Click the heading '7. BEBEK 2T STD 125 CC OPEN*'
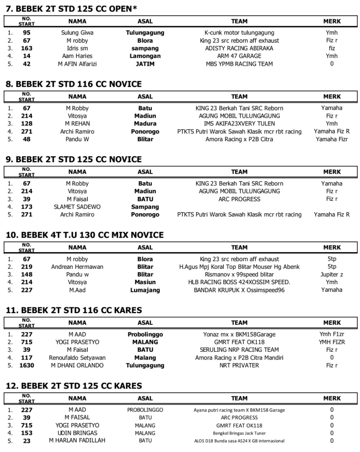coord(71,9)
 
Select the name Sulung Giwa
coord(77,33)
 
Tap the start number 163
coord(26,48)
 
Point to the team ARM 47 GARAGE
coord(239,56)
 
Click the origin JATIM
coord(145,64)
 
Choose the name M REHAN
coord(77,124)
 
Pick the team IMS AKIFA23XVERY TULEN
coord(239,124)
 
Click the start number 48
coord(26,139)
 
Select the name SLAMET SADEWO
coord(77,207)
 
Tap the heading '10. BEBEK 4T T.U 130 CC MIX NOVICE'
coord(85,235)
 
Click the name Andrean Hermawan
coord(77,267)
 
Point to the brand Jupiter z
coord(331,275)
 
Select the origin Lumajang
coord(145,290)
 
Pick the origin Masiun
coord(145,282)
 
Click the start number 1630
coord(26,365)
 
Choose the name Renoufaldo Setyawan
coord(77,358)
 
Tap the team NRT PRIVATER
coord(239,365)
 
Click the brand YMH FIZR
coord(331,342)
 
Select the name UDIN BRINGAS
coord(77,433)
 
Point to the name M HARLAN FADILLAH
coord(77,441)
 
